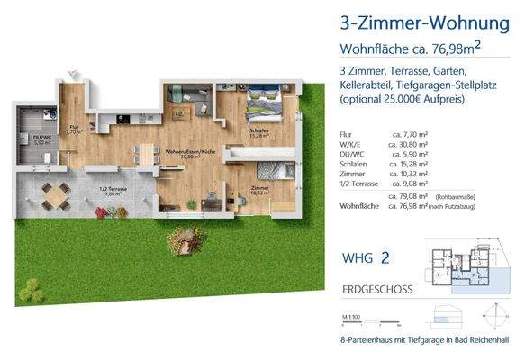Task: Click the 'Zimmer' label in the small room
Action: (x=259, y=188)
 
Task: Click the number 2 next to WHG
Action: (x=385, y=256)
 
